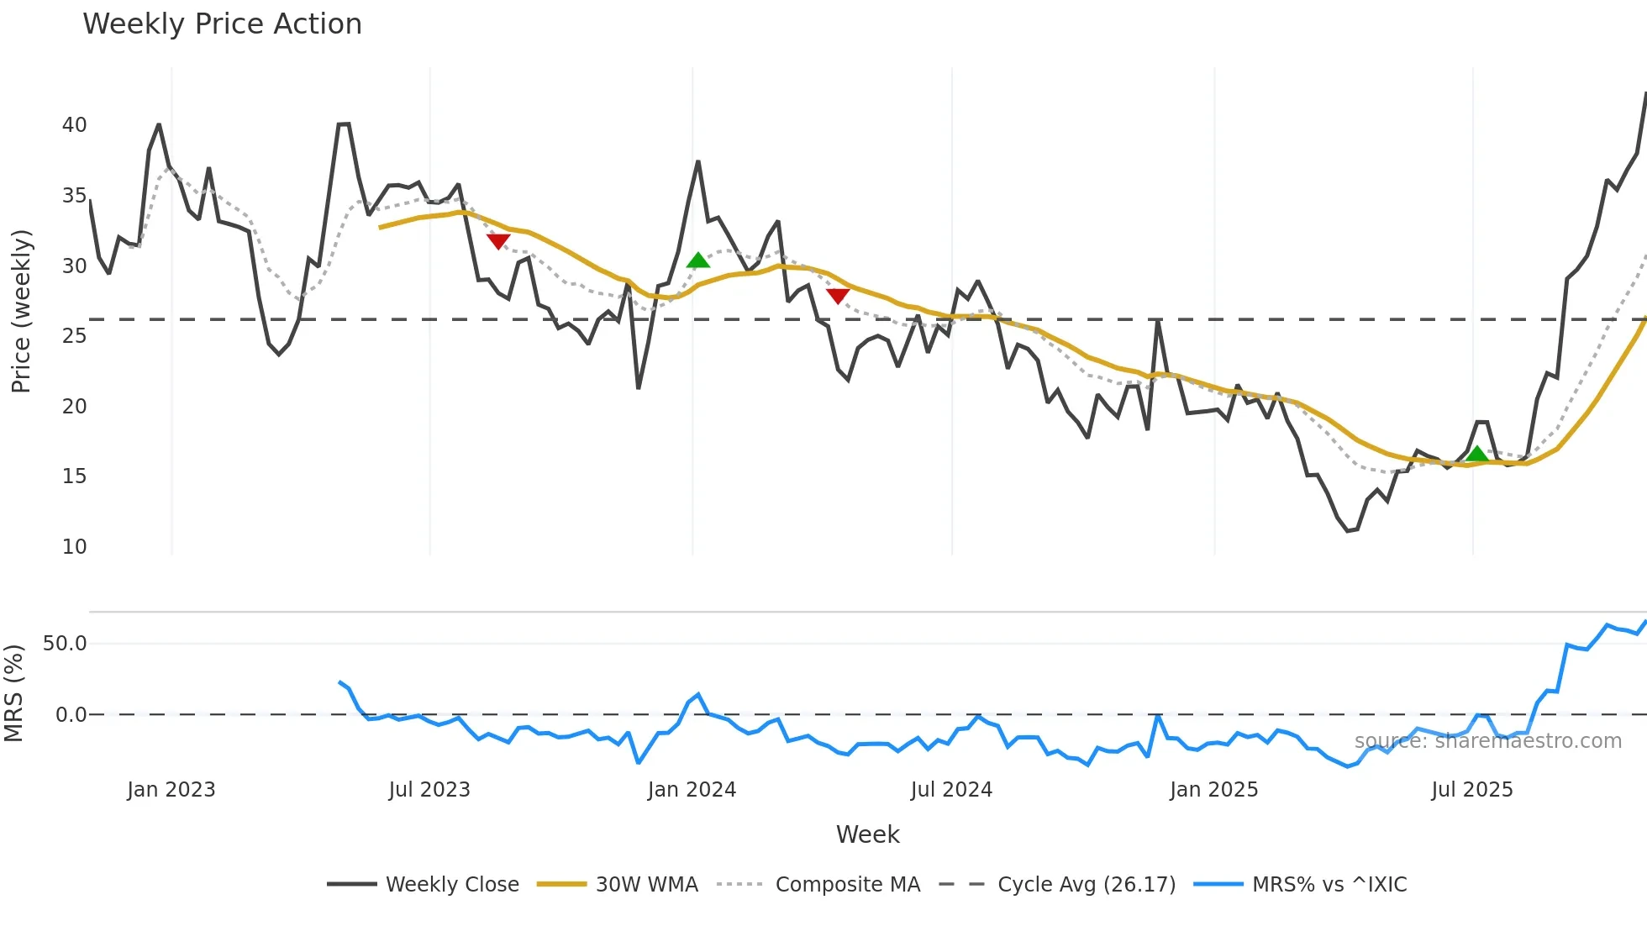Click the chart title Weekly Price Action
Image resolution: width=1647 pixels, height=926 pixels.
(x=222, y=24)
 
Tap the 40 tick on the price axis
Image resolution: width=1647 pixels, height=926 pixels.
(x=74, y=125)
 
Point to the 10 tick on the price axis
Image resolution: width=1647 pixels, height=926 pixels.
(x=74, y=547)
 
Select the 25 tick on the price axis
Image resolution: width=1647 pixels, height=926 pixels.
(x=74, y=336)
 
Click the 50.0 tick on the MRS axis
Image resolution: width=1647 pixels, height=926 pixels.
(x=65, y=644)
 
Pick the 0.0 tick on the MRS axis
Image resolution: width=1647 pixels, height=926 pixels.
(x=71, y=715)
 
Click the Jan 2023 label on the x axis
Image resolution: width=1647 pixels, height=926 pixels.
(x=171, y=790)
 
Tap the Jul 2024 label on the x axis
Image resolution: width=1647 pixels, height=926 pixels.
(x=951, y=790)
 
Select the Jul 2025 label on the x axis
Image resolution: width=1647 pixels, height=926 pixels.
(x=1471, y=790)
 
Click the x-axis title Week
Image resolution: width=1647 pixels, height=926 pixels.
(x=867, y=834)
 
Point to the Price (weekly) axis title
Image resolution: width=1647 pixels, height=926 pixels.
(x=21, y=311)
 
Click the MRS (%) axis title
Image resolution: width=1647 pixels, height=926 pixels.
(x=13, y=693)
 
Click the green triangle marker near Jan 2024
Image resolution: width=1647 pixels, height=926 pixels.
(x=697, y=260)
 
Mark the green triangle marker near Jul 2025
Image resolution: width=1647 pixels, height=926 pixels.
(x=1476, y=455)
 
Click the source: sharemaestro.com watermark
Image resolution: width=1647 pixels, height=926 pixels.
(x=1487, y=741)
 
